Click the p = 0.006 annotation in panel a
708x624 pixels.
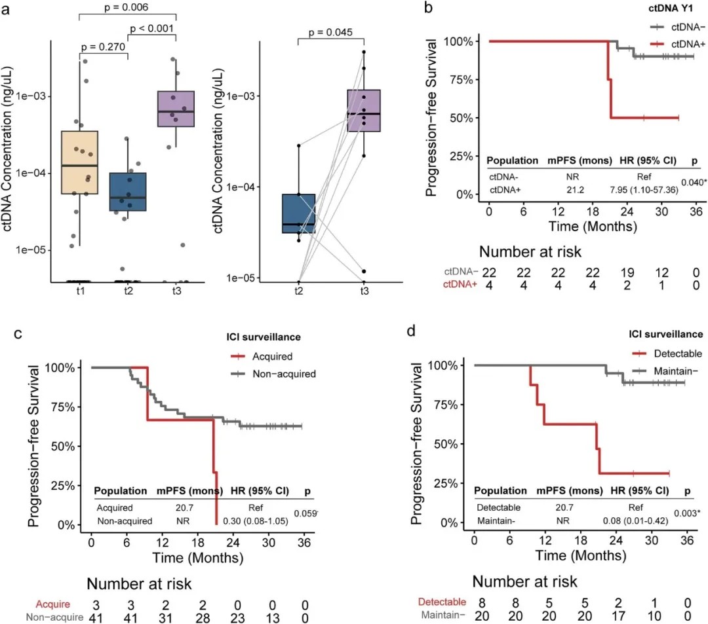coord(127,8)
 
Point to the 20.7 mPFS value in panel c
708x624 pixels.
coord(180,507)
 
